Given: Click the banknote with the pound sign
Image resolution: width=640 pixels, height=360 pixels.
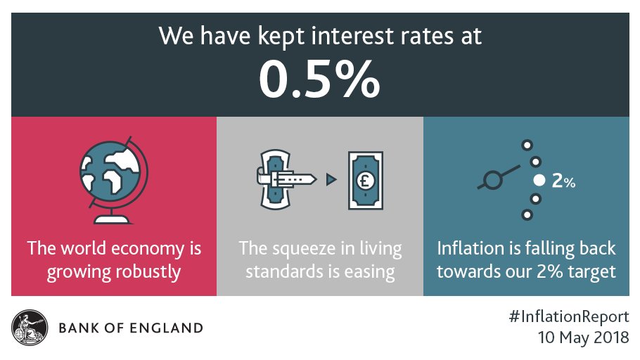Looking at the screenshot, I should coord(366,181).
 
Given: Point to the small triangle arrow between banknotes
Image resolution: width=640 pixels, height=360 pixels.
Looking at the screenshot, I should coord(329,180).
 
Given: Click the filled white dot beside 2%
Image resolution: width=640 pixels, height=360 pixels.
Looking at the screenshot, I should coord(539,181).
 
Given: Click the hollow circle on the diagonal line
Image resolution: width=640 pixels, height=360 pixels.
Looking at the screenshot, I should coord(492,180).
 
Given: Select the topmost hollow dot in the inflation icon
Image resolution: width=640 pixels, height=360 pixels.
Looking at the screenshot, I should coord(525,146).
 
